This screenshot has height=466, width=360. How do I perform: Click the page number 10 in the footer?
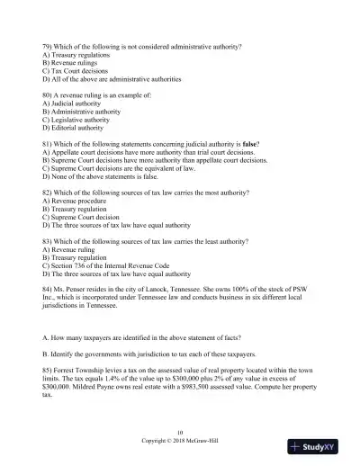[180, 433]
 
